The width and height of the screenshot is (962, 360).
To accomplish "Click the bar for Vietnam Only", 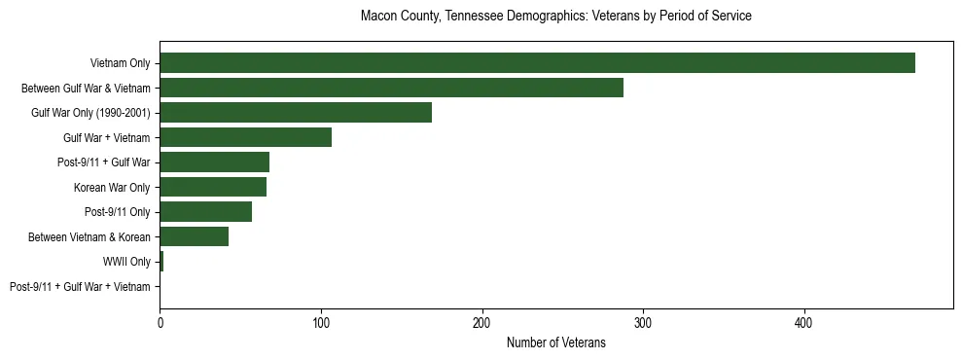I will coord(537,63).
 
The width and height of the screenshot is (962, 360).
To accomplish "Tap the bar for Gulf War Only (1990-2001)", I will coord(296,113).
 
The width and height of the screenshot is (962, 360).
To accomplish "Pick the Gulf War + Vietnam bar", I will coord(245,137).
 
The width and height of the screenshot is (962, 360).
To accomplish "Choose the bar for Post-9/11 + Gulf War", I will coord(214,162).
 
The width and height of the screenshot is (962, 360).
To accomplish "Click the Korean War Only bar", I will coord(213,187).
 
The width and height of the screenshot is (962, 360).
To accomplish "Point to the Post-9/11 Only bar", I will coord(205,212).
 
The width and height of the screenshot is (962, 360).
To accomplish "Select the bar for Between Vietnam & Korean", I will coord(194,236).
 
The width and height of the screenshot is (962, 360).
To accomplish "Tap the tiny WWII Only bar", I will coord(161,262).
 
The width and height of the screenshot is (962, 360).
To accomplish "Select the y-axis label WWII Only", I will coord(126,262).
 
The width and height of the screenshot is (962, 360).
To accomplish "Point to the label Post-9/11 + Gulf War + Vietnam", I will coord(80,287).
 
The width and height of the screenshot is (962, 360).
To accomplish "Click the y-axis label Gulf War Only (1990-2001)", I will coord(90,113).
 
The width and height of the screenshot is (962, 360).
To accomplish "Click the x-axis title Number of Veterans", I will coord(555,342).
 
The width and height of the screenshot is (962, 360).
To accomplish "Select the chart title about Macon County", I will coord(555,17).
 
